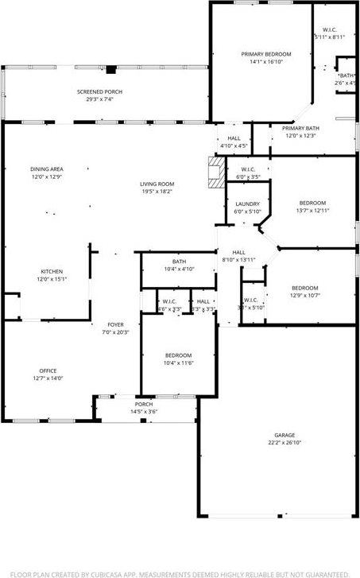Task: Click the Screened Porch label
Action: [99, 91]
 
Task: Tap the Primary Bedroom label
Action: [261, 54]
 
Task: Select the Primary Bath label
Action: [301, 128]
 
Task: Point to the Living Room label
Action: [157, 184]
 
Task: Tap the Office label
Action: [48, 371]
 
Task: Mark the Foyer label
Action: [116, 324]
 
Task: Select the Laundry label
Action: [247, 204]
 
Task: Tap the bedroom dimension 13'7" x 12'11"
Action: [312, 211]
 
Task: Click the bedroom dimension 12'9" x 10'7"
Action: [304, 295]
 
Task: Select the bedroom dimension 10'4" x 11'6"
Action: [178, 363]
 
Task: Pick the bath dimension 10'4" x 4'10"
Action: [179, 270]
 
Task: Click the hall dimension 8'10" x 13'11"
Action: [238, 259]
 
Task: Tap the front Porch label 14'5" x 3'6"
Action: [144, 411]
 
